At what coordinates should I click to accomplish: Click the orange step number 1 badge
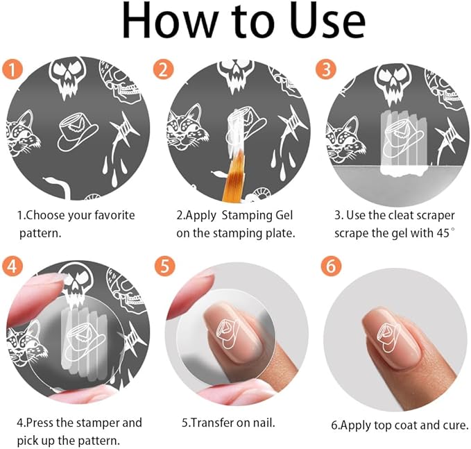click(12, 70)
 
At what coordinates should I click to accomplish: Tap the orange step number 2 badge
click(163, 69)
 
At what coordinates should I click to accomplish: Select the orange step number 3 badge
click(326, 69)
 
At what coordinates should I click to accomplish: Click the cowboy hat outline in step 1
click(78, 132)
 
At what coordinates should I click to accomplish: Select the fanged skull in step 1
click(67, 78)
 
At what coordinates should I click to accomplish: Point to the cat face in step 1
click(22, 133)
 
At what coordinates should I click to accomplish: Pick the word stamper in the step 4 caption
click(99, 423)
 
